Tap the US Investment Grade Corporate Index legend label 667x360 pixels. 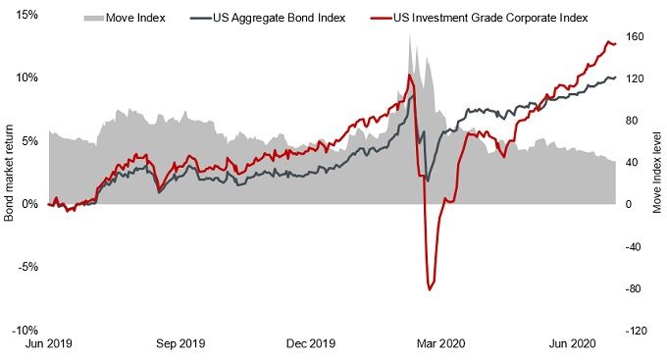478,18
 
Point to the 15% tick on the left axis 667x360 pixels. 26,15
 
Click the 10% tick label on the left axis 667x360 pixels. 26,77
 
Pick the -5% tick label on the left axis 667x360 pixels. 26,267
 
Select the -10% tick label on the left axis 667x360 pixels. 25,330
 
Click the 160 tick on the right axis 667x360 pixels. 636,37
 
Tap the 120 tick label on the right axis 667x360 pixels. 636,78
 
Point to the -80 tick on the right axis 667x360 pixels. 636,288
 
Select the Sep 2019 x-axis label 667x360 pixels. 180,343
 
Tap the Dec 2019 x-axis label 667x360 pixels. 312,343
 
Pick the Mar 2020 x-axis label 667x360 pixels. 440,343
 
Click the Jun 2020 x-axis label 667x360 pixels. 570,343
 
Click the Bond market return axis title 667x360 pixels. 9,173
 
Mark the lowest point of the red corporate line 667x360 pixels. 430,289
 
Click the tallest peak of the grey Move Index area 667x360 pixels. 411,61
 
